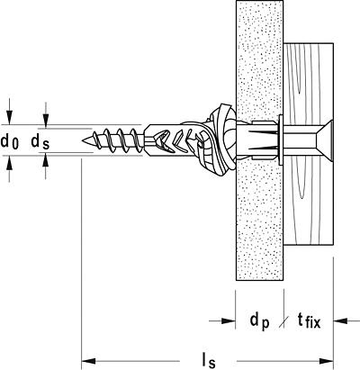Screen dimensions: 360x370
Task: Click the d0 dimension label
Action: [x=10, y=141]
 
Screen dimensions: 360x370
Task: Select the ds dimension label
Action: [x=40, y=141]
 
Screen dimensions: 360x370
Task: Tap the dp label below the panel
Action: [x=260, y=321]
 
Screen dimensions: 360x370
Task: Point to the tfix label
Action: [x=309, y=321]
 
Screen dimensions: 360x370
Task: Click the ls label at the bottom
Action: [x=209, y=361]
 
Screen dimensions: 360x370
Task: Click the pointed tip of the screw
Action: [x=83, y=140]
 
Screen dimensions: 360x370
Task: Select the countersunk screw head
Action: [x=323, y=140]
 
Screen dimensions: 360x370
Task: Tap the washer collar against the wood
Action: [x=281, y=140]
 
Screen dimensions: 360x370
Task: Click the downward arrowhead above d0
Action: [x=10, y=117]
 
